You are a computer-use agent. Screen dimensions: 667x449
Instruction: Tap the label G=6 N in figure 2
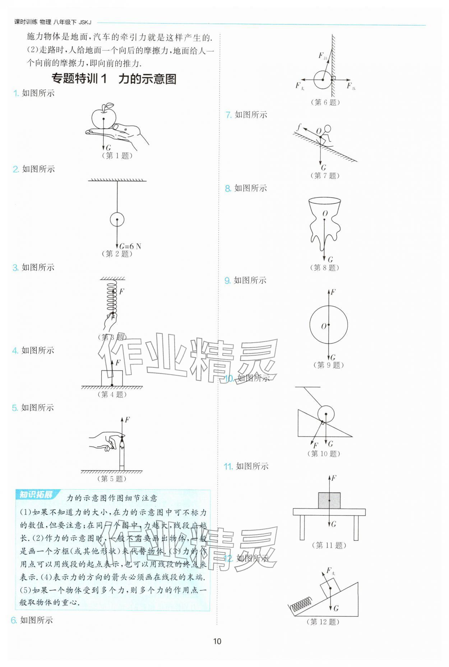tap(130, 246)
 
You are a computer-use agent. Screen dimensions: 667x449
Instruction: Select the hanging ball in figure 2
tap(117, 219)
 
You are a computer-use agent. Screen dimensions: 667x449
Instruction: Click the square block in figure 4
tap(112, 378)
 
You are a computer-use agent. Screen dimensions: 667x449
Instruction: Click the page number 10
tap(217, 641)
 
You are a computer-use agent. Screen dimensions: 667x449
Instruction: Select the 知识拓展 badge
tap(36, 495)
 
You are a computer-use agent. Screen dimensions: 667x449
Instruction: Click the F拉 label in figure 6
tap(322, 56)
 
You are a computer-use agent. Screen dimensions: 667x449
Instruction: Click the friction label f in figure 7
tap(299, 126)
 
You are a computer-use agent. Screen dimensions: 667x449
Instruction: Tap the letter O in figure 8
tap(325, 214)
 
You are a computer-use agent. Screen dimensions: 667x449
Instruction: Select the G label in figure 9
tap(333, 357)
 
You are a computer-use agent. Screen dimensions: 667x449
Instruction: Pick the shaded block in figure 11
tap(329, 500)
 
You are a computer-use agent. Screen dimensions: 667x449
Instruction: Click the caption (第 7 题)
tap(325, 176)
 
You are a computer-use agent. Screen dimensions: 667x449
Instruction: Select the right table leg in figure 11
tap(356, 528)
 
